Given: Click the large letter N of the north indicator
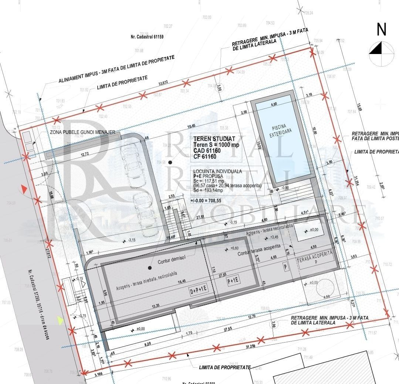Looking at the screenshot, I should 381,30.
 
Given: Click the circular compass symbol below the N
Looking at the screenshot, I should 381,54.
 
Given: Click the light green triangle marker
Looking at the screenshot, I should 60,320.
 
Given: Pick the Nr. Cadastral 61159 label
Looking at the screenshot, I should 147,37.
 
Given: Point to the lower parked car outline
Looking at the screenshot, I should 142,211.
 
